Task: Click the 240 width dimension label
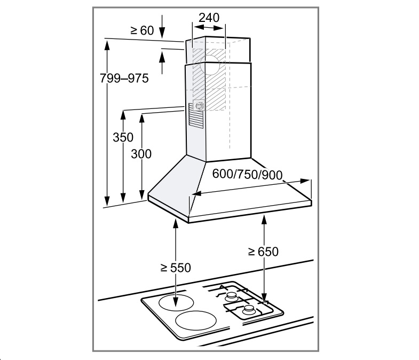point(209,18)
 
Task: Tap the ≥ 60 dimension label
point(142,30)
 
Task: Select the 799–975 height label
point(124,79)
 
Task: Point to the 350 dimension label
point(123,137)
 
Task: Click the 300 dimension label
point(141,154)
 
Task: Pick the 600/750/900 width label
point(248,174)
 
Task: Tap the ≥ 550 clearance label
point(176,268)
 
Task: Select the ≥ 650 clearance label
point(263,252)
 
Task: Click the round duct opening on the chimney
point(210,65)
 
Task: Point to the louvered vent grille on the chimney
point(196,115)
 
